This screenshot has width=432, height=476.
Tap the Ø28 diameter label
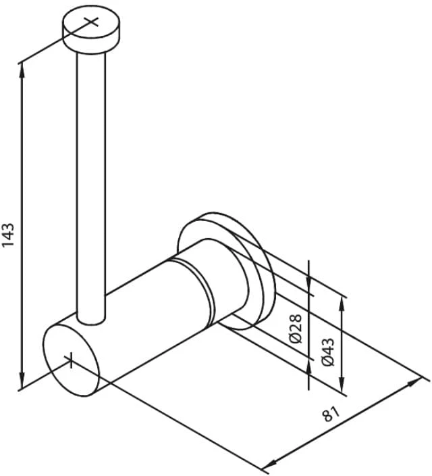pos(296,328)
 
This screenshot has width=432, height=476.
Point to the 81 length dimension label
pos(331,414)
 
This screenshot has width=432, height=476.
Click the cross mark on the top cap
pos(91,22)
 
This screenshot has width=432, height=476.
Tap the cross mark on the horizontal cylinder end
pos(71,360)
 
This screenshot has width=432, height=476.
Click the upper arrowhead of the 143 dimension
pos(22,71)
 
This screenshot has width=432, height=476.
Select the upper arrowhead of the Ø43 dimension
pos(342,304)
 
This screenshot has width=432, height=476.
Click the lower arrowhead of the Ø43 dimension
pos(342,384)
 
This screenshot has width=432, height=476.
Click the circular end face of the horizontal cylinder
pos(71,360)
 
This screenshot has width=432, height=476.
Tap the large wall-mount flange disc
pos(226,270)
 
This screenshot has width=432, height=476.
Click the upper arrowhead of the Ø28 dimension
pos(308,281)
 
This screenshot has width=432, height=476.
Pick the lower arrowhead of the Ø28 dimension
pos(308,366)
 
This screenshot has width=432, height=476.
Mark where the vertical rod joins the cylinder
pos(91,320)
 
